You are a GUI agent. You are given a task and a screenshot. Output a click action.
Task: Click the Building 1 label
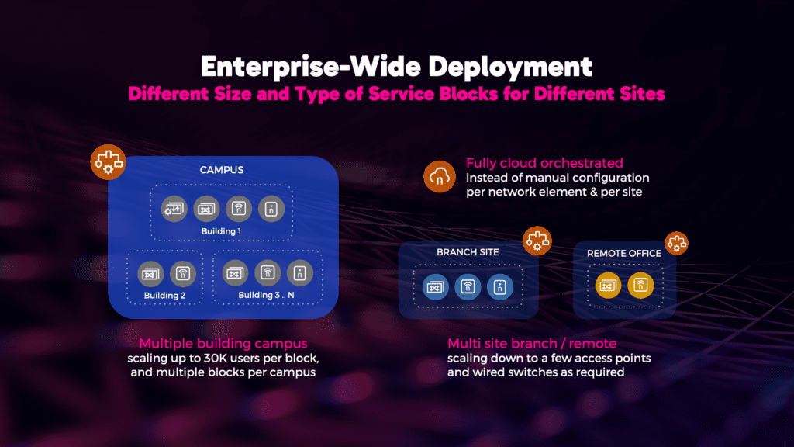(223, 231)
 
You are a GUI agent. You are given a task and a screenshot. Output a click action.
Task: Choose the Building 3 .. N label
(266, 295)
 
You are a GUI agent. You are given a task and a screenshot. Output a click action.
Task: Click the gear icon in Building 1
(173, 208)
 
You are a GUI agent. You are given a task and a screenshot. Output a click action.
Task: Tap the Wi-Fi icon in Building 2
(183, 273)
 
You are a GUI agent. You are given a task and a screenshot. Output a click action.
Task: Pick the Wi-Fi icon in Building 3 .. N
(268, 273)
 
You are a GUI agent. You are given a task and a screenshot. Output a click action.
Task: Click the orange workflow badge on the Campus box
(105, 161)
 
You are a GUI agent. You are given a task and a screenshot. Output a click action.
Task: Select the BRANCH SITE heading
(468, 252)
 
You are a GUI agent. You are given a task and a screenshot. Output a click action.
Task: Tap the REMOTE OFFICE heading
(624, 253)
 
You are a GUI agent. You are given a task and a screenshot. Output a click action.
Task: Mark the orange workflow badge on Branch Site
(536, 241)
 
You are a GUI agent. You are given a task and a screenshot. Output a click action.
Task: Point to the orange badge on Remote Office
(676, 243)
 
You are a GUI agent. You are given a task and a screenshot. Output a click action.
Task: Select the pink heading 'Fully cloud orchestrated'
(544, 163)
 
